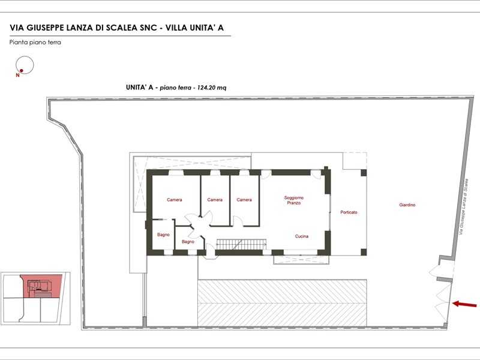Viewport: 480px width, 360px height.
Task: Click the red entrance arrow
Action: [464, 304]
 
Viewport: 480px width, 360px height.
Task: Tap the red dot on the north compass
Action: [22, 71]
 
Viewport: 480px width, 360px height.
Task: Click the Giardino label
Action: [407, 205]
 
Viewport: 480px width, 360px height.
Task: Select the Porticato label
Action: [349, 212]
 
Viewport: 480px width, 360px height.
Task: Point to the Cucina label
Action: [302, 236]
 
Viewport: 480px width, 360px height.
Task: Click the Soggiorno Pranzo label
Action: [294, 200]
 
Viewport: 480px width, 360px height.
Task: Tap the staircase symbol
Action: [241, 245]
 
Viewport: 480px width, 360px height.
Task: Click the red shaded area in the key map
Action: [41, 286]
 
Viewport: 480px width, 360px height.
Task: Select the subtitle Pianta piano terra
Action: [35, 42]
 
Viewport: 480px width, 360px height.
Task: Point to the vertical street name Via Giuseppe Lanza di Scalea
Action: [463, 206]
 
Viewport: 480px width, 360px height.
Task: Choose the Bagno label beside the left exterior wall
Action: [163, 235]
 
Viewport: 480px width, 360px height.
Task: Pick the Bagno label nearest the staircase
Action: [188, 242]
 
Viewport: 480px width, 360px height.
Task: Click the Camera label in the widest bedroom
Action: [175, 200]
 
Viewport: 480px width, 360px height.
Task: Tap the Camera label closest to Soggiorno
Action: [244, 200]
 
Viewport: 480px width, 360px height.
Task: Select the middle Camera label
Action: [215, 200]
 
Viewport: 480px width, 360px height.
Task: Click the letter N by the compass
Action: [17, 76]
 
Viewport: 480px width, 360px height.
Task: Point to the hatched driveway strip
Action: [282, 303]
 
